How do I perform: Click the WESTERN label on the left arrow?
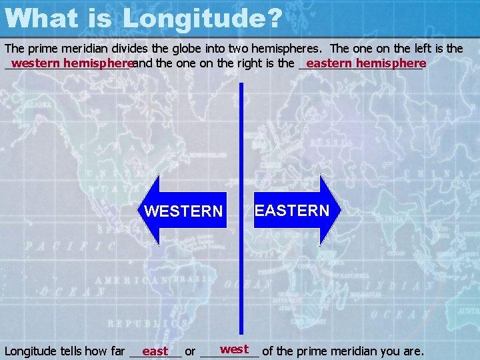click(x=183, y=211)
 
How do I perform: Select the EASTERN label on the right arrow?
click(x=292, y=211)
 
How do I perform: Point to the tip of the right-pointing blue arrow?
click(x=340, y=210)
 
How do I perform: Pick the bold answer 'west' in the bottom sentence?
click(x=234, y=349)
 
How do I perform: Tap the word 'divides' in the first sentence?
click(x=135, y=48)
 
